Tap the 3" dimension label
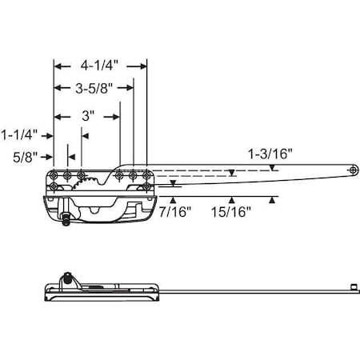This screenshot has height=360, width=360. coord(88,116)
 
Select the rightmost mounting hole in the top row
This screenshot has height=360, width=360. coord(146,174)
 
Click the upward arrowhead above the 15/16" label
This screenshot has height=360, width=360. coord(232,199)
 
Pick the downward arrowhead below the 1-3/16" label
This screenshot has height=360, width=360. coord(273,168)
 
